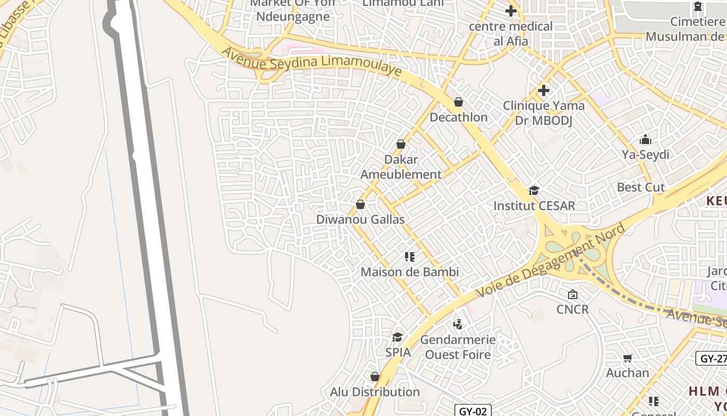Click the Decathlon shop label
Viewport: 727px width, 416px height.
point(459,117)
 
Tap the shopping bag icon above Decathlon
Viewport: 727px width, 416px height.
point(459,102)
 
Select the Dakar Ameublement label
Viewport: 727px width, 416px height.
point(401,167)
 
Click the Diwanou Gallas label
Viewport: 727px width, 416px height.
point(360,219)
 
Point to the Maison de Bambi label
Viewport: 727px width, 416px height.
point(410,272)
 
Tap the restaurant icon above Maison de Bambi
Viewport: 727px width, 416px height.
point(410,256)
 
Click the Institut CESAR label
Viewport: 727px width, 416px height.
point(534,205)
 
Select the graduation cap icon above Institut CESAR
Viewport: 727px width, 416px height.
point(534,190)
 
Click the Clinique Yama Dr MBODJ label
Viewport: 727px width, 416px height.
point(543,113)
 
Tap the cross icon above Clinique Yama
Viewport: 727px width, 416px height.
point(543,90)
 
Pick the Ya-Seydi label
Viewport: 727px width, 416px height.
point(645,154)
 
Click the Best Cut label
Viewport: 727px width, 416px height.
point(641,187)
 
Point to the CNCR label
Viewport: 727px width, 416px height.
point(572,309)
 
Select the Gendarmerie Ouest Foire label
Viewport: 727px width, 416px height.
point(457,347)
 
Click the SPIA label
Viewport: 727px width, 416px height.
point(398,353)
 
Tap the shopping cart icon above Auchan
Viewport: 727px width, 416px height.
point(628,358)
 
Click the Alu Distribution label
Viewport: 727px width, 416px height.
point(375,392)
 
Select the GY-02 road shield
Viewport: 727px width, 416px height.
point(473,411)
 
